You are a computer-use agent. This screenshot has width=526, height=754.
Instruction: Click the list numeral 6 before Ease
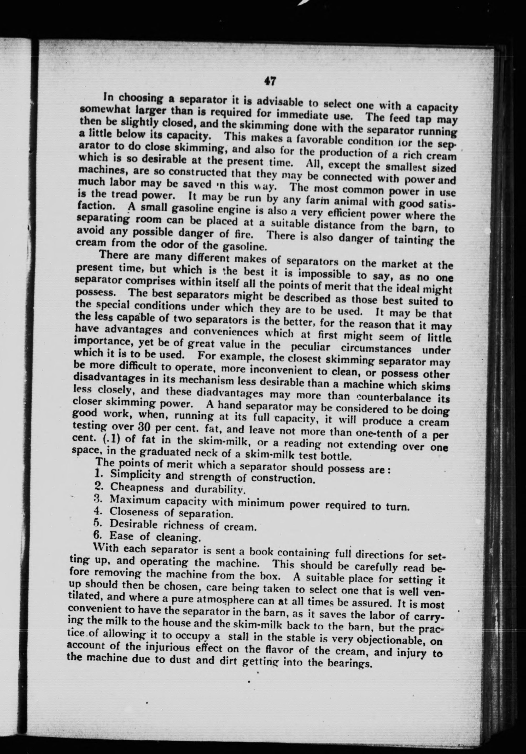(x=96, y=535)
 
